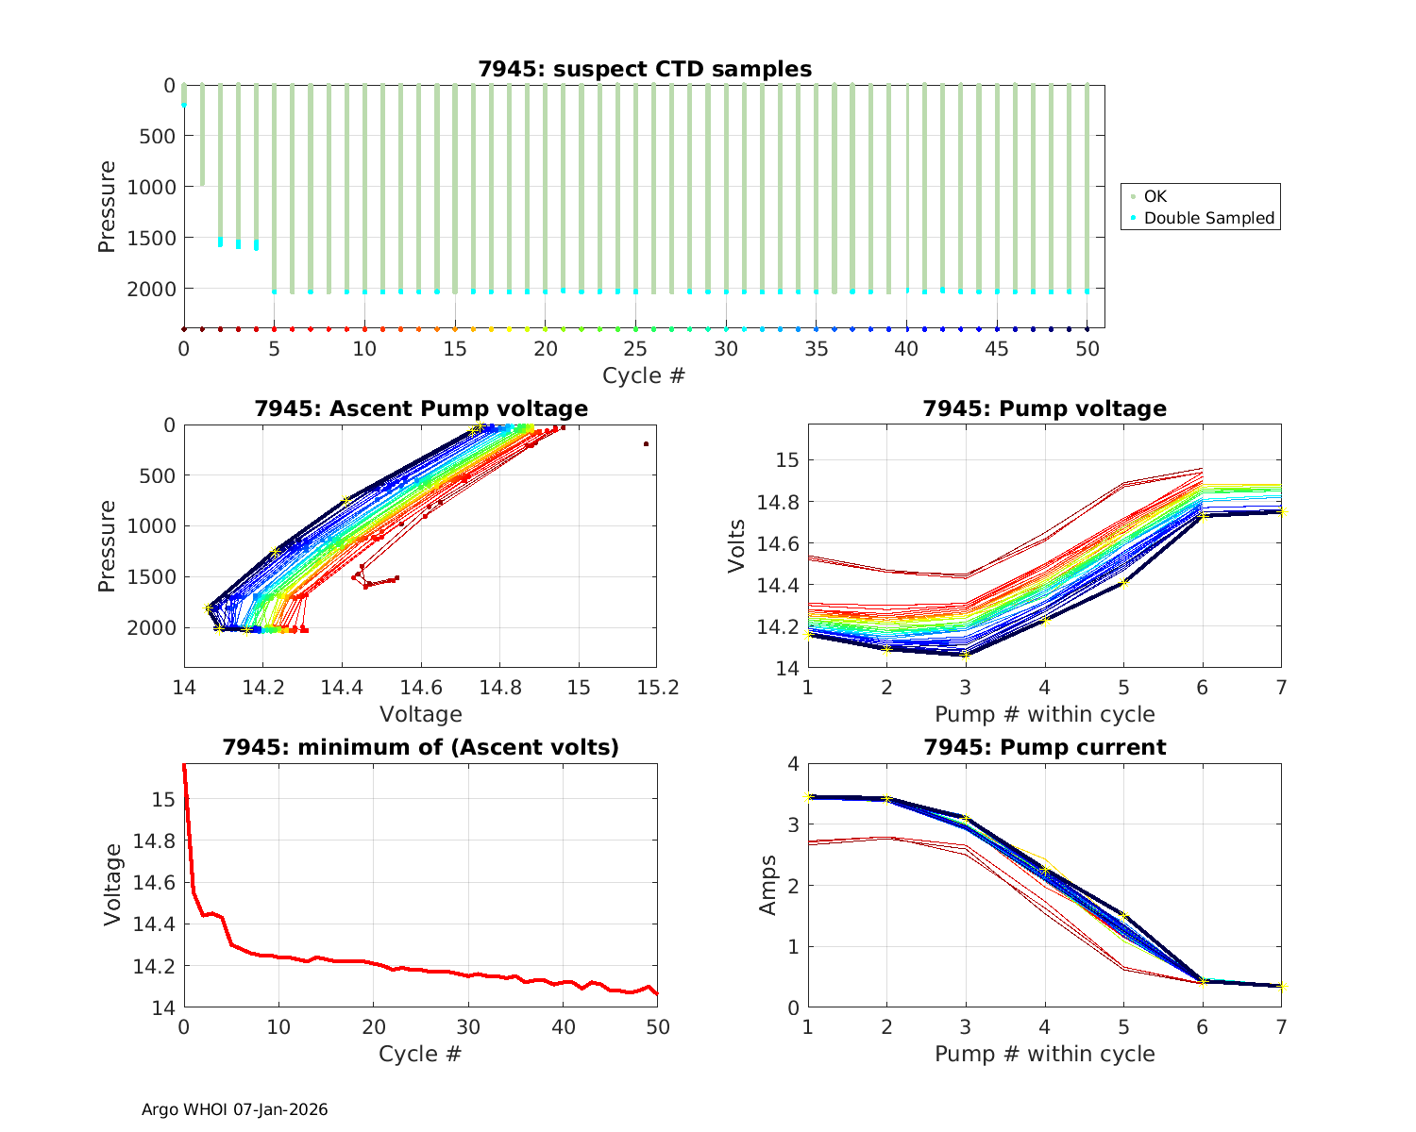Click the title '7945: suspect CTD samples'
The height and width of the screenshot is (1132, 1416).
[645, 69]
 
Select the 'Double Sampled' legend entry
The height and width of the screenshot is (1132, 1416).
[1208, 218]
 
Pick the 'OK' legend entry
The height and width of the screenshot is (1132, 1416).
[1155, 196]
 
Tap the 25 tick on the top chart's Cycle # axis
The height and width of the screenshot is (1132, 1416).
[635, 348]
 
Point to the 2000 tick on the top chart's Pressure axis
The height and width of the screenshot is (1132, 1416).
[151, 289]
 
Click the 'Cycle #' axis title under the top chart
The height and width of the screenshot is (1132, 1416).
[644, 375]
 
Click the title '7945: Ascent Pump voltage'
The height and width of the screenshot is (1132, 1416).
[421, 408]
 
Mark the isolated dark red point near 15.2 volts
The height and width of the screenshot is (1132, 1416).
[647, 443]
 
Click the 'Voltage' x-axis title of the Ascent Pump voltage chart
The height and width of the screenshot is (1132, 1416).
[421, 714]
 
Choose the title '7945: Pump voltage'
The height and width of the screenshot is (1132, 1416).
[1044, 408]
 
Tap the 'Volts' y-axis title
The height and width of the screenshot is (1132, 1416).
[736, 546]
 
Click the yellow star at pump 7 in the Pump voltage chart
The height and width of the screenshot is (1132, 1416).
[1283, 512]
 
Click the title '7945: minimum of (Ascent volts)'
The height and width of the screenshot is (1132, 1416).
[421, 747]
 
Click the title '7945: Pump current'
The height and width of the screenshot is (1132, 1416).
[1044, 747]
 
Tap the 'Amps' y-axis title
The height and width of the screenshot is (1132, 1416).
[769, 885]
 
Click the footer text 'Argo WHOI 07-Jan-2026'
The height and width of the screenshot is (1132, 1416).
[234, 1109]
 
